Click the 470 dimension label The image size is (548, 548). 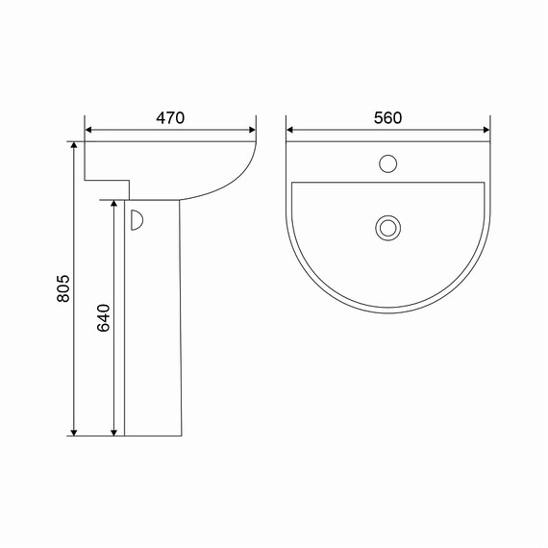coord(170,118)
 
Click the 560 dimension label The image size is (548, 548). coord(388,118)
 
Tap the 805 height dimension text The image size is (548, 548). coord(63,288)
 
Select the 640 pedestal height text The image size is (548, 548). coord(103,318)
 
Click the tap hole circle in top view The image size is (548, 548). coord(388,163)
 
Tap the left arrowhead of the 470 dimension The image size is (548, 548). coord(88,130)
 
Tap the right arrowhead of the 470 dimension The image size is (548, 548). coord(252,130)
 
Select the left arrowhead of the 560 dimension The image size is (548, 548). coord(289,130)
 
